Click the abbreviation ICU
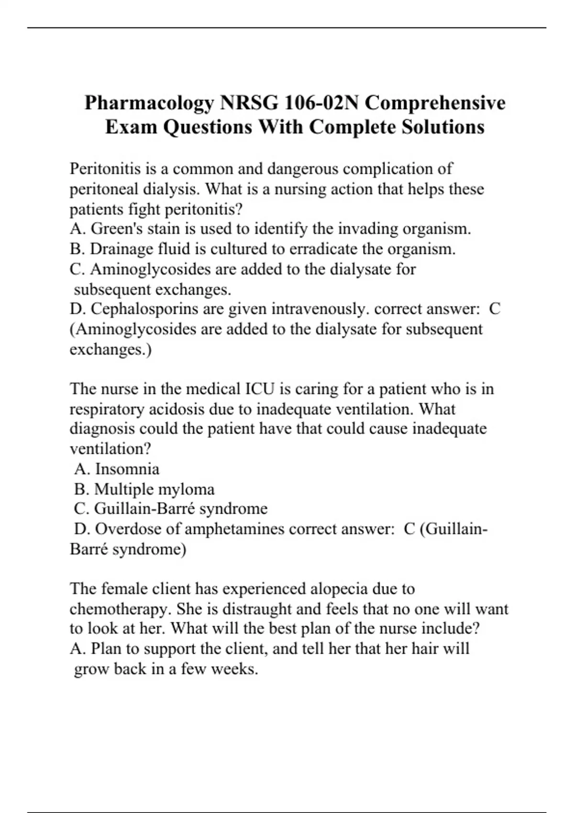click(260, 389)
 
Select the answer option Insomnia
click(127, 469)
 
